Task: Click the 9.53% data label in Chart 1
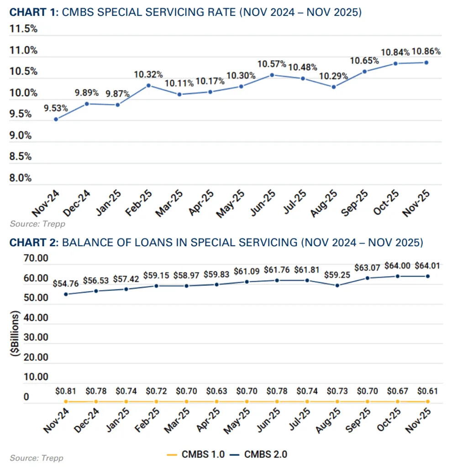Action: click(x=56, y=108)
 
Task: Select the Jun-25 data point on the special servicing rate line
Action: click(x=272, y=75)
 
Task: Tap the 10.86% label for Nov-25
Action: click(x=426, y=52)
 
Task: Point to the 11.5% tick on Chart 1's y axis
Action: click(x=23, y=29)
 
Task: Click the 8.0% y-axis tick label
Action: click(x=21, y=178)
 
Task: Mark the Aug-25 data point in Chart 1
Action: click(x=334, y=87)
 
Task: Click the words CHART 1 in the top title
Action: click(x=33, y=13)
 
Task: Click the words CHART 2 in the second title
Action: click(x=33, y=242)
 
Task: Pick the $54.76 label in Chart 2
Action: click(x=66, y=284)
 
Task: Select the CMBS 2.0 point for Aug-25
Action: click(x=337, y=285)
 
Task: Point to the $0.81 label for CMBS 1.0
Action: click(x=66, y=391)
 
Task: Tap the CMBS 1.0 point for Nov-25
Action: click(x=427, y=401)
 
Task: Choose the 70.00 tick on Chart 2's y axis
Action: click(x=36, y=259)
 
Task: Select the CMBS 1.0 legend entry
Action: click(x=195, y=454)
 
